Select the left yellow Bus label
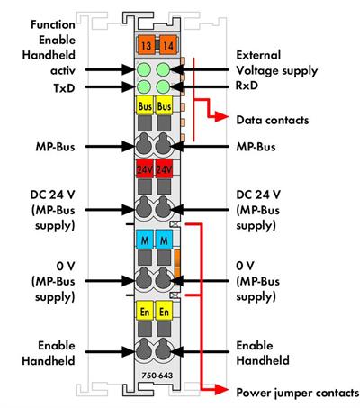(x=144, y=107)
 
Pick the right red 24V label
(x=163, y=168)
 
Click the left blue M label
(x=144, y=240)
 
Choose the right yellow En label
(x=163, y=311)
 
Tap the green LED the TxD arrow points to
(x=144, y=87)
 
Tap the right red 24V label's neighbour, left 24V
(x=144, y=168)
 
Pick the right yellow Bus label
(x=163, y=107)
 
